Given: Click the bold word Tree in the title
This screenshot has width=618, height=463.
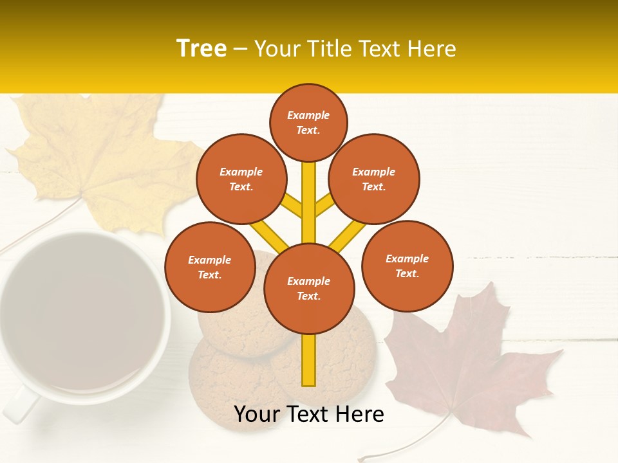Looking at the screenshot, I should [x=201, y=48].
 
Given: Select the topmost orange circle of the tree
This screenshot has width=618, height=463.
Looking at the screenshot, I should [x=308, y=122].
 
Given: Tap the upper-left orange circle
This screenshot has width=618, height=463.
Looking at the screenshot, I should [x=241, y=179].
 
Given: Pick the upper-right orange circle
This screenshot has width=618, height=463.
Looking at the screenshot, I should [x=374, y=179].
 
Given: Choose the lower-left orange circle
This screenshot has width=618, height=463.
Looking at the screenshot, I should [x=210, y=267].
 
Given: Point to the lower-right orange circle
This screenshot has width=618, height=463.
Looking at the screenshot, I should [x=407, y=266].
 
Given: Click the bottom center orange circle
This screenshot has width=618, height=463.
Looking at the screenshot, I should [x=309, y=289].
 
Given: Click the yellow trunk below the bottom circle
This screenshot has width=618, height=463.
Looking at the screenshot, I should [x=309, y=360].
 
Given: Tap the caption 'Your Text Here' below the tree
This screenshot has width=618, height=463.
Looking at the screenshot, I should [x=309, y=414].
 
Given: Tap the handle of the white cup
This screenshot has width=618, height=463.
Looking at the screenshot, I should [x=19, y=405].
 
